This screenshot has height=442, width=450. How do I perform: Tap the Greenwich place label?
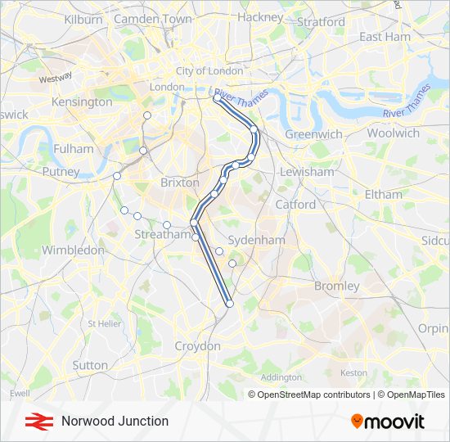click(313, 133)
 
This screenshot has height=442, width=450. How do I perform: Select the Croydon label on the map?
click(198, 346)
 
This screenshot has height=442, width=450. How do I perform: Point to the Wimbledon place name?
click(73, 250)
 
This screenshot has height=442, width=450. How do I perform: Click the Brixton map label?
click(180, 183)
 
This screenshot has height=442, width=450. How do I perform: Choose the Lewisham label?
click(307, 172)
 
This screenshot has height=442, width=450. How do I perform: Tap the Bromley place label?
click(337, 286)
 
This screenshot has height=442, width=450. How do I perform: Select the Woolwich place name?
click(393, 133)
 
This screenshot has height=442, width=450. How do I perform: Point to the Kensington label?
click(82, 102)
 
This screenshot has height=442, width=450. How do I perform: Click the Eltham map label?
click(383, 195)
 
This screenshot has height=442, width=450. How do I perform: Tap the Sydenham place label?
click(256, 240)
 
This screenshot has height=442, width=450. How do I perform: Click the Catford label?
click(295, 204)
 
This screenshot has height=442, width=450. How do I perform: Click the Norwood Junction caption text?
click(115, 421)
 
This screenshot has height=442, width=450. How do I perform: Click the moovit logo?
click(388, 421)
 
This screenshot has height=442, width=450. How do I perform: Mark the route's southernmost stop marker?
click(230, 304)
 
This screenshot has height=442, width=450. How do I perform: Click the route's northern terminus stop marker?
click(217, 98)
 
